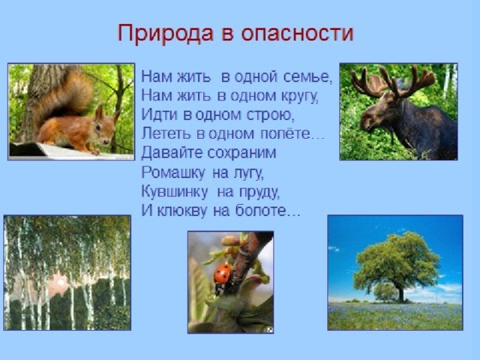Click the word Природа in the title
165,33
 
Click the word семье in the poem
307,76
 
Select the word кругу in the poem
299,97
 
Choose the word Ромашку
172,173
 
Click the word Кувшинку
175,192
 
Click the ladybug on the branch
223,275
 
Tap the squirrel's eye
98,126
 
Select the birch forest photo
67,273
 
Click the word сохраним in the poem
241,153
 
